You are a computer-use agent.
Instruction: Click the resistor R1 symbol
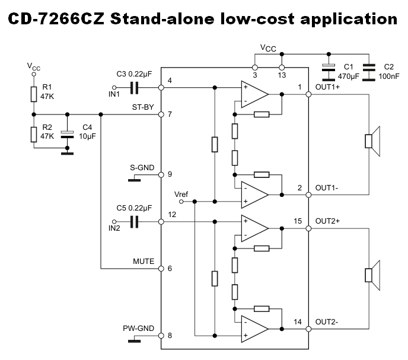34,94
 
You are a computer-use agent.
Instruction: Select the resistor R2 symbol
34,133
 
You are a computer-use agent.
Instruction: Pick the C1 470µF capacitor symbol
327,71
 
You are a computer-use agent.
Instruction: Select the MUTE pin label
144,261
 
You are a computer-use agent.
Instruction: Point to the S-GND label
142,168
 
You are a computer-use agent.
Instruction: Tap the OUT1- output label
327,187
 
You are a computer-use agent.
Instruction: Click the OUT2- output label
327,322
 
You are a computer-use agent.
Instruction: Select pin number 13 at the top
282,75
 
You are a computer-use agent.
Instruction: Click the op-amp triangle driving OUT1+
254,94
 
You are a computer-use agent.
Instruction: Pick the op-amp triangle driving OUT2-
254,328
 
